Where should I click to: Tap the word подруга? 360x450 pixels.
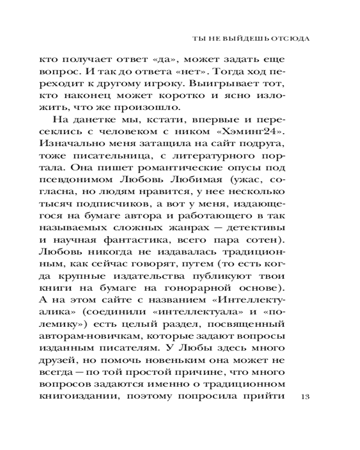(266, 144)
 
